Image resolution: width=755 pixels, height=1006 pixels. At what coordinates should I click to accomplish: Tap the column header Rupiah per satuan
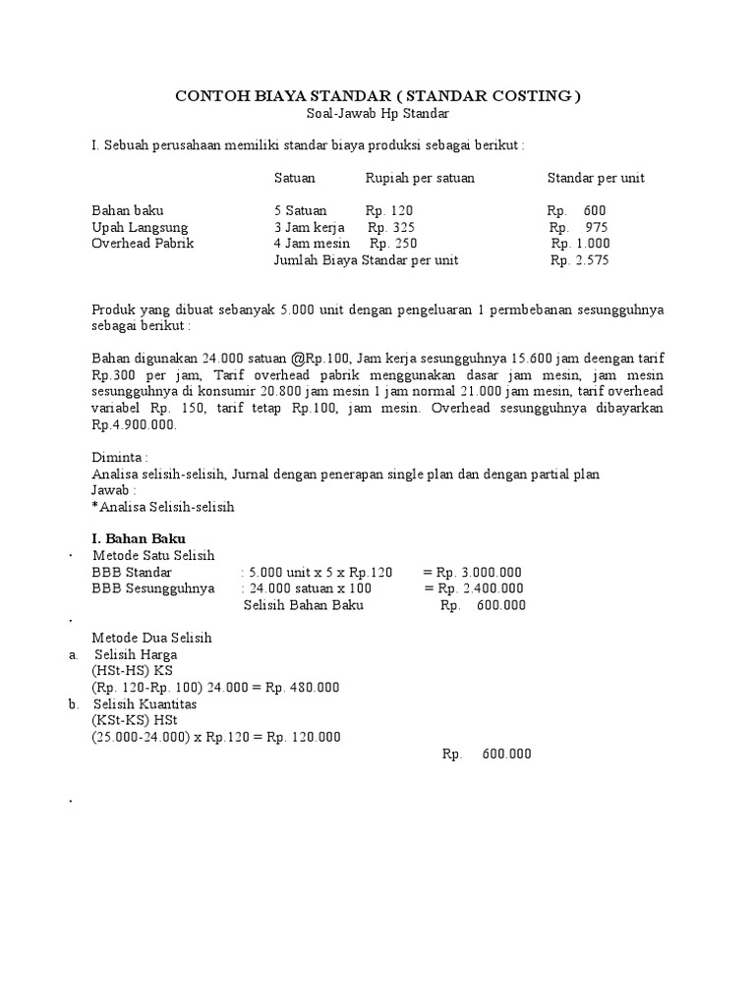pyautogui.click(x=420, y=178)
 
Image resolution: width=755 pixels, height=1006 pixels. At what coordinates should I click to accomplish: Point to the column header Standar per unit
pyautogui.click(x=596, y=178)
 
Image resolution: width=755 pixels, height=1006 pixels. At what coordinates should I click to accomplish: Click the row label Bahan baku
pyautogui.click(x=128, y=210)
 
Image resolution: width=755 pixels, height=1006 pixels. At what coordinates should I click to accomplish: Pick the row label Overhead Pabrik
pyautogui.click(x=143, y=244)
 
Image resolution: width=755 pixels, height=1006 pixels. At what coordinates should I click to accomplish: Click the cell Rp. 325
pyautogui.click(x=390, y=227)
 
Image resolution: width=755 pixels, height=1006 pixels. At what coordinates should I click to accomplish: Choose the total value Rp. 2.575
pyautogui.click(x=580, y=260)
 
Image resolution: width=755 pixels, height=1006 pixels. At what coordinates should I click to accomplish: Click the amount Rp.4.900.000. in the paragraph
pyautogui.click(x=134, y=425)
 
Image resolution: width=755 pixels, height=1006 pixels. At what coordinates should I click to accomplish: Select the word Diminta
pyautogui.click(x=118, y=458)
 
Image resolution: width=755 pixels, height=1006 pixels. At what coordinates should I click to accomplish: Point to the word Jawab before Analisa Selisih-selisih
pyautogui.click(x=111, y=489)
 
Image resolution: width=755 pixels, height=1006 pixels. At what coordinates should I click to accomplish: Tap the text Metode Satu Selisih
pyautogui.click(x=159, y=556)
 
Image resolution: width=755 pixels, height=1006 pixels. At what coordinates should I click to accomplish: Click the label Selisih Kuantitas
pyautogui.click(x=145, y=704)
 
